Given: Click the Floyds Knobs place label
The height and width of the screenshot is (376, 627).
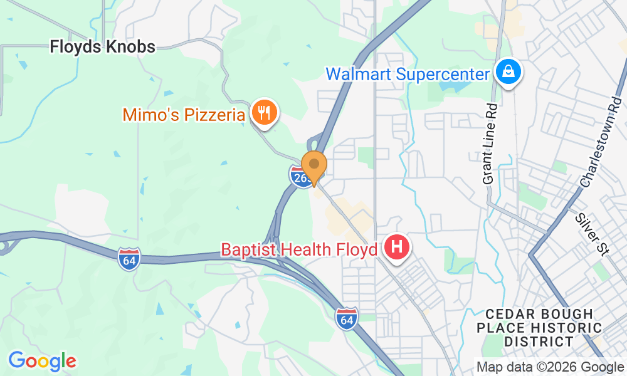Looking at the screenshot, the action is (102, 46).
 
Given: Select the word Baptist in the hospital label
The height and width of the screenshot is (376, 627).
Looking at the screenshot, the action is (247, 249).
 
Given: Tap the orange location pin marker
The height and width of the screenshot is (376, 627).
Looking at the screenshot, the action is (314, 166).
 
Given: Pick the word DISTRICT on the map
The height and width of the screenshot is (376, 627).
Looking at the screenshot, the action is (539, 342).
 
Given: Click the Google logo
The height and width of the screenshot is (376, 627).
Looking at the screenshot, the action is (42, 360).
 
